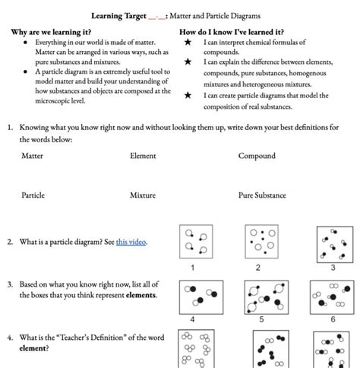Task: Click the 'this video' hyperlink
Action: pos(131,242)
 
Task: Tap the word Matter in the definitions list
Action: pos(32,156)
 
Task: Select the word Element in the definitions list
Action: pos(143,156)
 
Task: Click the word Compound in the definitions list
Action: pos(257,156)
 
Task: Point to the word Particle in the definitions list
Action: pos(33,195)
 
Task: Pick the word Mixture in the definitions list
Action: pos(143,195)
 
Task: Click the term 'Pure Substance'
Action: pos(262,195)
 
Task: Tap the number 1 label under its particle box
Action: pos(193,268)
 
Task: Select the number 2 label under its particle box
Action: pos(257,268)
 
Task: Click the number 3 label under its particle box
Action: pos(333,268)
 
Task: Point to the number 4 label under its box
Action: pos(192,319)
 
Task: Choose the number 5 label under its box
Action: pos(261,319)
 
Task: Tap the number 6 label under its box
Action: pos(333,319)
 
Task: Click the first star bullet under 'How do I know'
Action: pos(188,42)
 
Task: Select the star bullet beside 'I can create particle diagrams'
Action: pos(188,95)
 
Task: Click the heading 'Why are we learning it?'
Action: pos(51,32)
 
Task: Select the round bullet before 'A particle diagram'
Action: pos(25,71)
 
